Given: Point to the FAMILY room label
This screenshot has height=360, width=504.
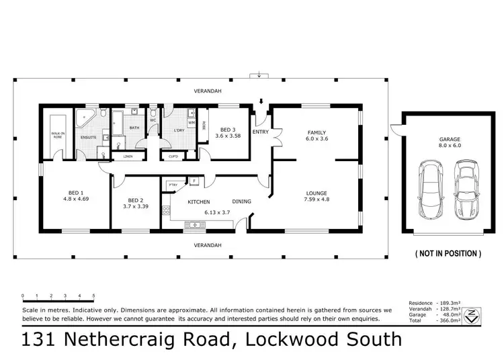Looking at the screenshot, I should pos(316,132).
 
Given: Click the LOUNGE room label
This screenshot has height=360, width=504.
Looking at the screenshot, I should pos(316,195).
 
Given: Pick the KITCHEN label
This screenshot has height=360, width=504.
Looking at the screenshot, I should pos(199,201).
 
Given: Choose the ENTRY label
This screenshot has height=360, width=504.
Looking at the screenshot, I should pos(260,132).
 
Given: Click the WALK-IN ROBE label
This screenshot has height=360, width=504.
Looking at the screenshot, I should pos(57,134).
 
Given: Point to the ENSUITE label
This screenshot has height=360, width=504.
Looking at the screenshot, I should pos(88,137).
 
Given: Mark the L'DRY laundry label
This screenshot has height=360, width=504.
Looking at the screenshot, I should pos(179,130).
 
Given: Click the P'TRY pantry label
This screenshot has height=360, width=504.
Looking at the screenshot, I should pos(173,183).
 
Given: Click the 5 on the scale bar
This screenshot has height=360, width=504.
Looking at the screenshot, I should pos(93,296).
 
